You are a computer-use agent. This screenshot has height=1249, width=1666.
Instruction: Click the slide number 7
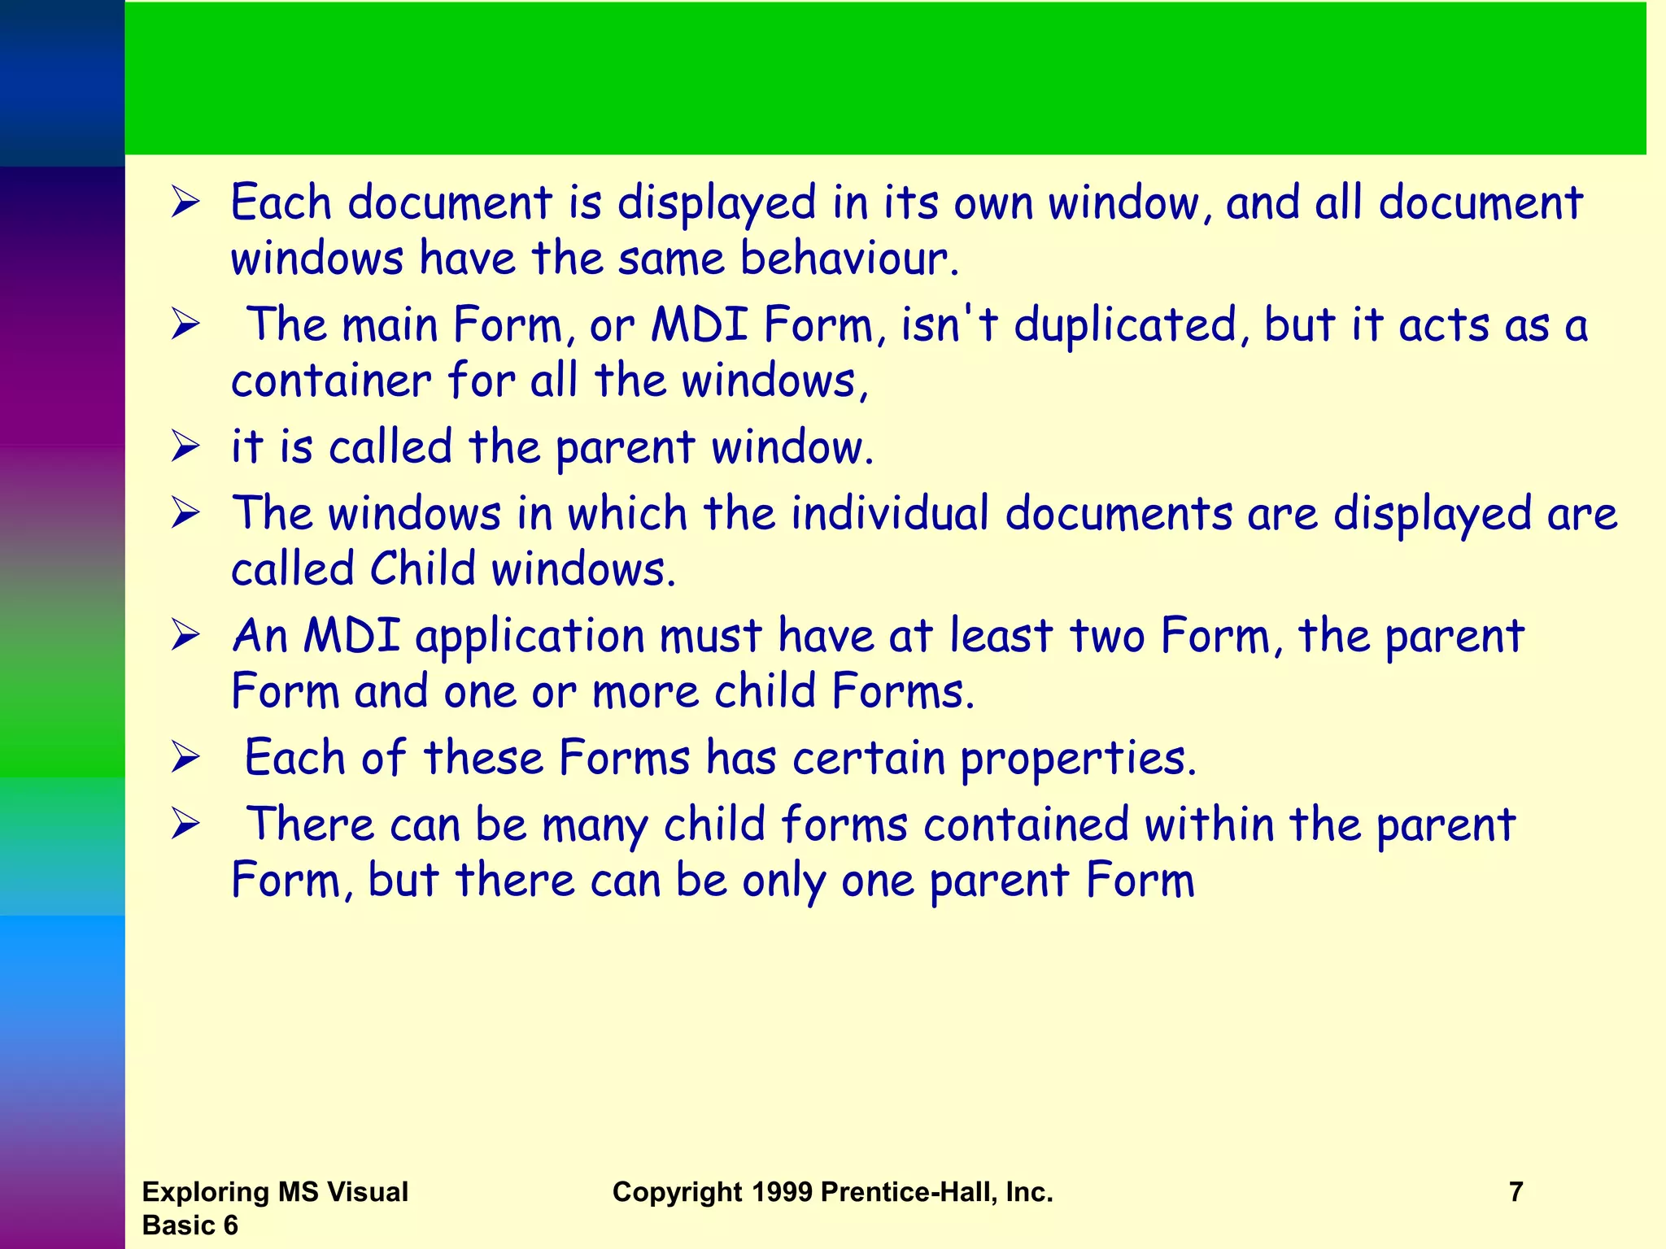click(1516, 1191)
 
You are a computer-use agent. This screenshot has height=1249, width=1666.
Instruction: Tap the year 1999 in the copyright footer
click(782, 1191)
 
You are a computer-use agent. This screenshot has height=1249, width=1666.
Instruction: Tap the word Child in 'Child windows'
click(422, 568)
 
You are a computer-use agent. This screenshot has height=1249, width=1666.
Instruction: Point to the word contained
click(1026, 825)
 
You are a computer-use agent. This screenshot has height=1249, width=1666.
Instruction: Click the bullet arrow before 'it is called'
click(185, 446)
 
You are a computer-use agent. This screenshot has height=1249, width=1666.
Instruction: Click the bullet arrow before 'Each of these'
click(185, 758)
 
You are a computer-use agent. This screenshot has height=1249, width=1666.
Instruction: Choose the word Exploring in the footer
click(206, 1191)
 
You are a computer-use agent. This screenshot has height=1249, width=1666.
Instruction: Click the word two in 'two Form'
click(1106, 636)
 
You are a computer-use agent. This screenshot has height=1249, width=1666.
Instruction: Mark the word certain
click(868, 758)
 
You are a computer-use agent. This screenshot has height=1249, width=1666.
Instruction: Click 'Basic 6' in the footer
click(190, 1225)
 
